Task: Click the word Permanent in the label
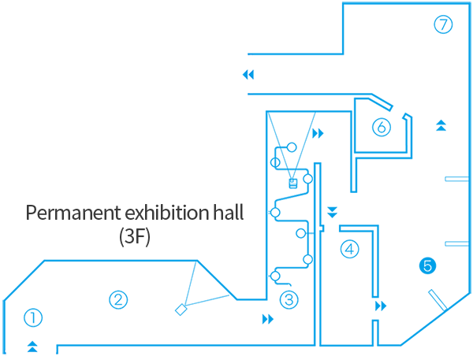click(65, 213)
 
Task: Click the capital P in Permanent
click(31, 213)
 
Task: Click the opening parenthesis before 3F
click(122, 236)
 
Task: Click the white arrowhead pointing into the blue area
click(255, 74)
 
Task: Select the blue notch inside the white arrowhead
click(251, 74)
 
